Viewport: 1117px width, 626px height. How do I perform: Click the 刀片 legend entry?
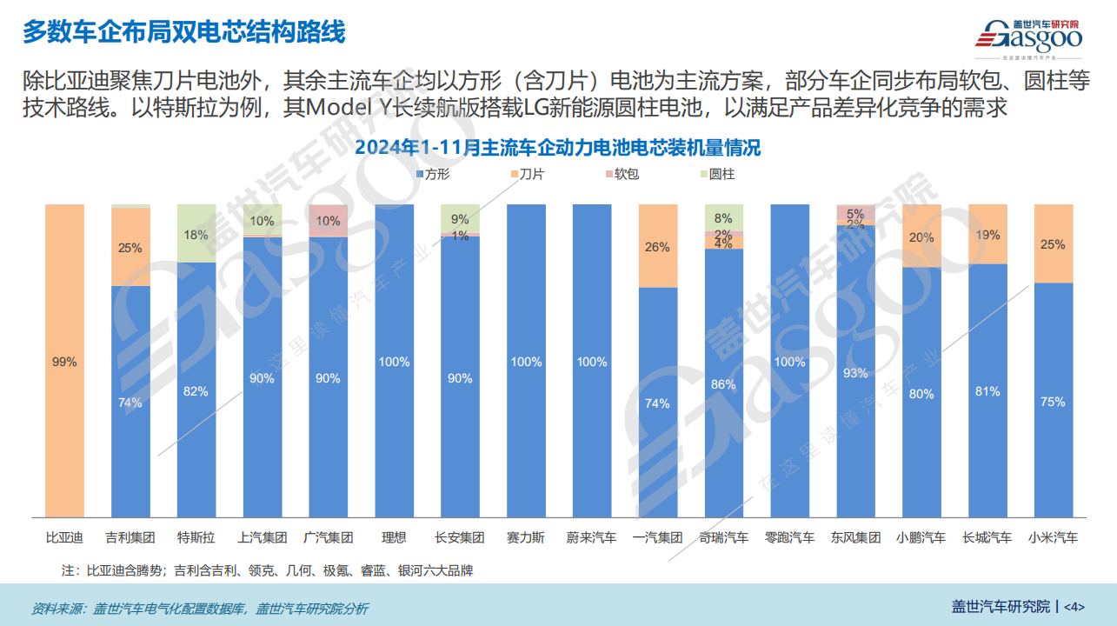tap(526, 175)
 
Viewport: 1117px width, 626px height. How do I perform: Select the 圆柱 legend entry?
tap(715, 175)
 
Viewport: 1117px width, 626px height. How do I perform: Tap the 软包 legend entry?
tap(621, 175)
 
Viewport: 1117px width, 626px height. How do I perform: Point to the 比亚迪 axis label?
tap(64, 538)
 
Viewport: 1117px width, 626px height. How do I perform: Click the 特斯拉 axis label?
tap(196, 538)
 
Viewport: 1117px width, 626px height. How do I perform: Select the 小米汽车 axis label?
tap(1053, 538)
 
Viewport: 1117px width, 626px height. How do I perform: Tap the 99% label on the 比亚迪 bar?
tap(64, 362)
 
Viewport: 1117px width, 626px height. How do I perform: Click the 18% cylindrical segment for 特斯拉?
tap(196, 234)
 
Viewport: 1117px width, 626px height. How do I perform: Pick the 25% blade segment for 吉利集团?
tap(130, 248)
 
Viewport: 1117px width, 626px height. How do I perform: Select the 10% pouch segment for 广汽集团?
tap(329, 221)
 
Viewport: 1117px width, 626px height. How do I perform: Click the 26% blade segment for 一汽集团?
tap(658, 247)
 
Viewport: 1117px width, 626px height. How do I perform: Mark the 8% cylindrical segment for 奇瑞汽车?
tap(724, 217)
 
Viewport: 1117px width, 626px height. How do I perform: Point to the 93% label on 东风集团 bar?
tap(856, 373)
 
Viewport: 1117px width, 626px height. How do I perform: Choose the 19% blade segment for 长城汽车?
tap(987, 235)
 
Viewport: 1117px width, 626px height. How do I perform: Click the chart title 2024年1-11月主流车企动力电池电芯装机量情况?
tap(557, 148)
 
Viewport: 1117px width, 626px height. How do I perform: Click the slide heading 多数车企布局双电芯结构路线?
tap(183, 33)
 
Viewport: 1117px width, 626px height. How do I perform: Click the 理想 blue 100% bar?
tap(394, 362)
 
